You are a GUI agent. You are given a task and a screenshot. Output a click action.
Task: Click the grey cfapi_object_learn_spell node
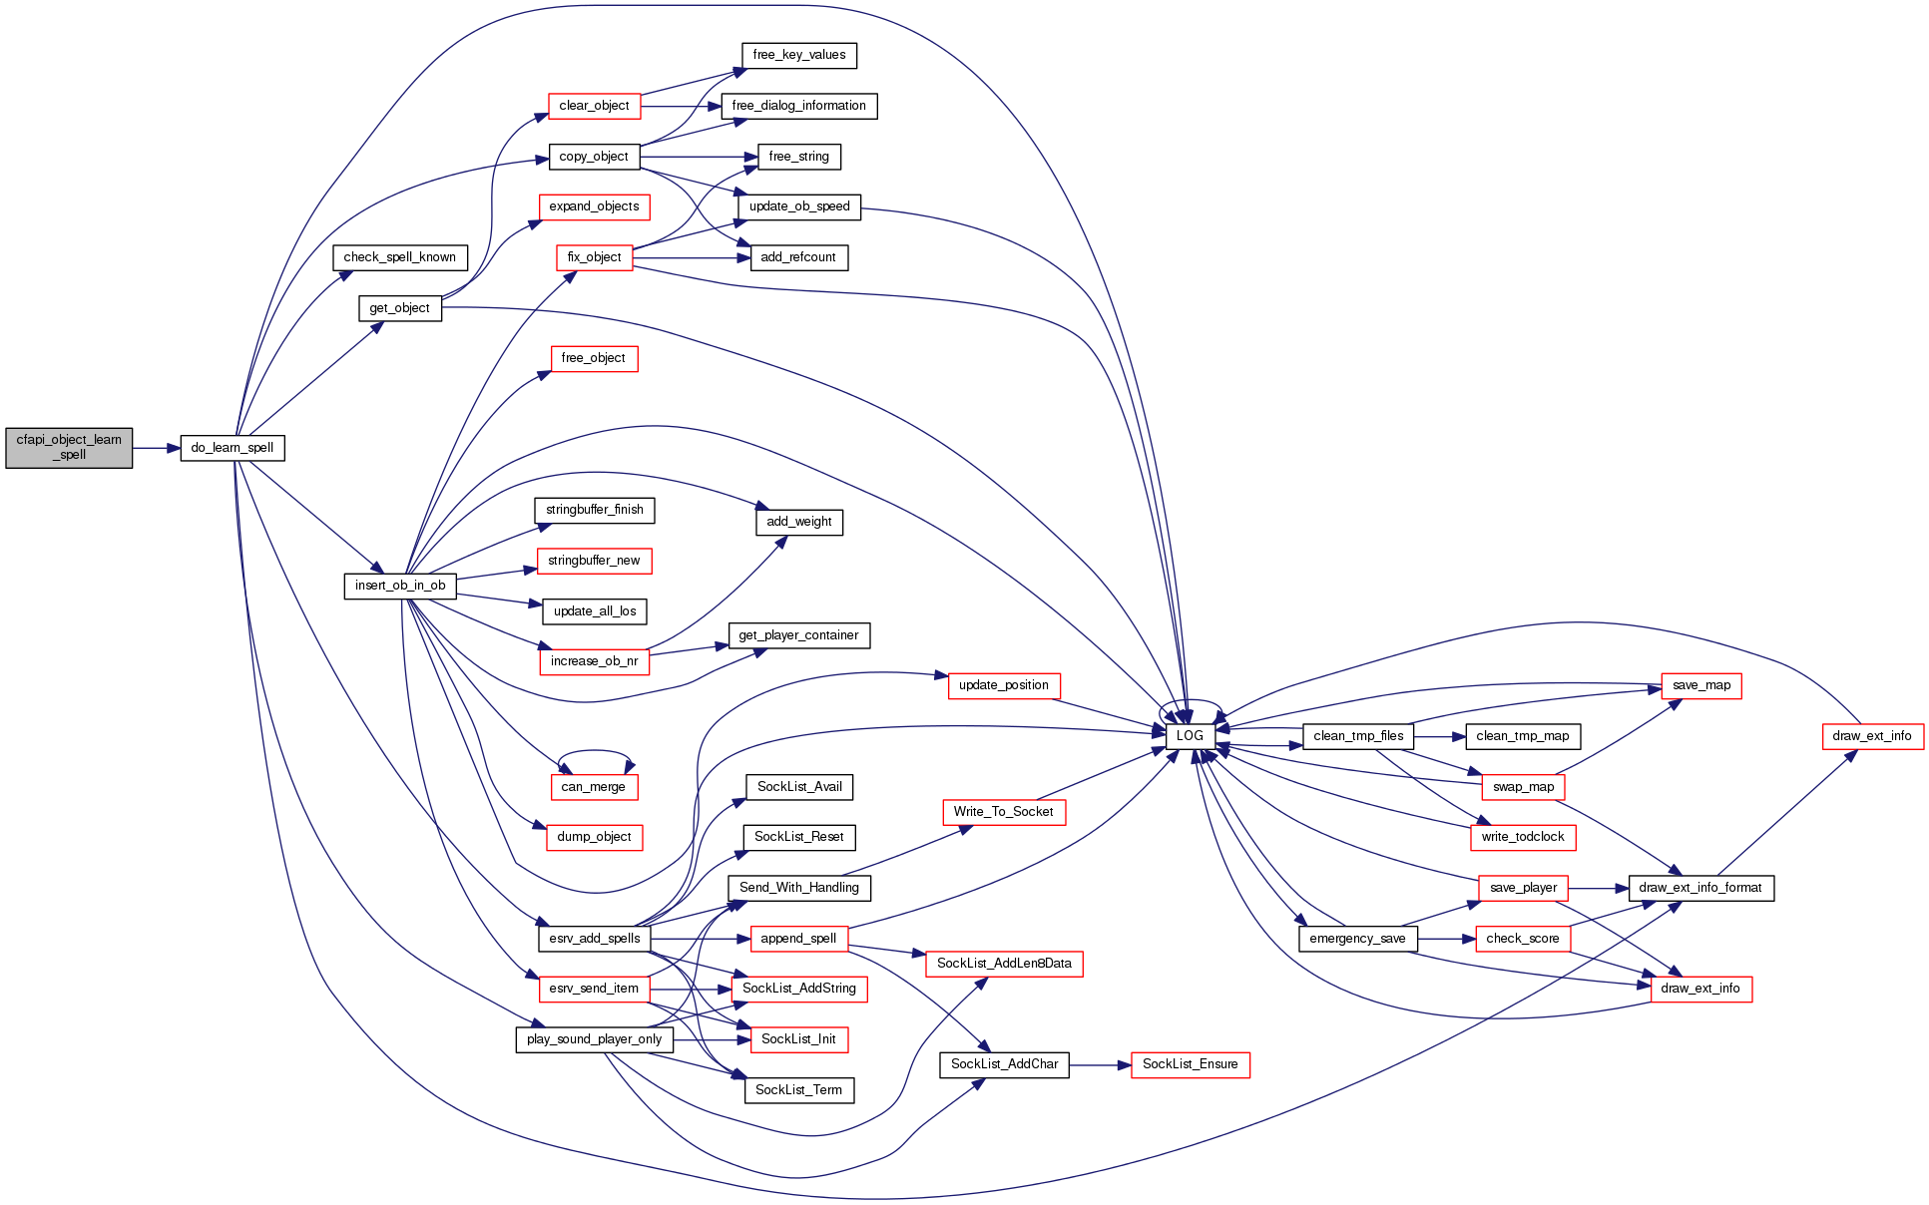(69, 448)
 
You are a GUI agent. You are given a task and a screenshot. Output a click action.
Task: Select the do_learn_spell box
(232, 448)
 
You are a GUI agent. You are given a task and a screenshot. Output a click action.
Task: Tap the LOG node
(1190, 736)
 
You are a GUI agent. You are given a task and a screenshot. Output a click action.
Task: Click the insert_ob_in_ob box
(400, 586)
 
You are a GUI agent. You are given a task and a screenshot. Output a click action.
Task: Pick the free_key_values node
(798, 55)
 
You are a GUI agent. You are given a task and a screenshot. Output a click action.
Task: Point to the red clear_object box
(594, 106)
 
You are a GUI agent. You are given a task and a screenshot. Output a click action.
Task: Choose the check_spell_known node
(399, 257)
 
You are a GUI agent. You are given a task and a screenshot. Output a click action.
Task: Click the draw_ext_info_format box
(1700, 888)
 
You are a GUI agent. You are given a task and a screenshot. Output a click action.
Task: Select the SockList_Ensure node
(1190, 1064)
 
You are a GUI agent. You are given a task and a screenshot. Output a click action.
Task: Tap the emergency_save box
(1357, 939)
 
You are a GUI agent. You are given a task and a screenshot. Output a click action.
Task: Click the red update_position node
(1003, 685)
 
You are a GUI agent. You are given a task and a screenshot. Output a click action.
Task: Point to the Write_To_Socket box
(1003, 812)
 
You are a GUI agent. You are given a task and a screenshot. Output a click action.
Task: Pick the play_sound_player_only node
(594, 1039)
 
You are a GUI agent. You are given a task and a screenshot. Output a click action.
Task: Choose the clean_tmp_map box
(1522, 736)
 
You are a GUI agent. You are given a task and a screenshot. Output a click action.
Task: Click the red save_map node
(1700, 685)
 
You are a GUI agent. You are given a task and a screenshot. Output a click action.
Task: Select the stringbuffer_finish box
(594, 510)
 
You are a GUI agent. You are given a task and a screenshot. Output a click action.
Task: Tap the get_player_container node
(798, 635)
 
